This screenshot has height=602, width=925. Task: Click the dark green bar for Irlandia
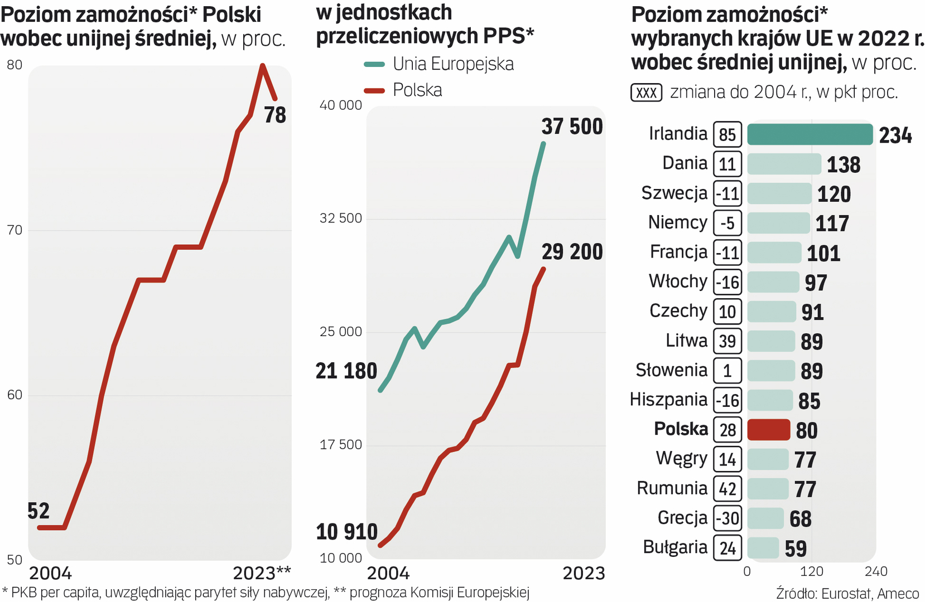point(809,134)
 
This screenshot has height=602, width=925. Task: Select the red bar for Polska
point(768,430)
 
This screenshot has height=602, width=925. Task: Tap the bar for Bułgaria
point(762,548)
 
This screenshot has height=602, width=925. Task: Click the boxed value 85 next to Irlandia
point(727,134)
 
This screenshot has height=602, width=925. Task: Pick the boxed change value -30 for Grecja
point(728,518)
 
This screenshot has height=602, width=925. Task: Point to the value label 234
point(895,135)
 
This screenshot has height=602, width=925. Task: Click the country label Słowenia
point(671,370)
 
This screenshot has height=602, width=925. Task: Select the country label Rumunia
point(672,488)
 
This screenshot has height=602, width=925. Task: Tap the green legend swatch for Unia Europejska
point(374,64)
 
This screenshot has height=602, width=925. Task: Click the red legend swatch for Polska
point(374,90)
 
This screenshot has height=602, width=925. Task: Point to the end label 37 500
point(572,127)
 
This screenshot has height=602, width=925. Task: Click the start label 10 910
point(346,532)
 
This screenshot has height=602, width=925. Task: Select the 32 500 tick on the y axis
point(340,219)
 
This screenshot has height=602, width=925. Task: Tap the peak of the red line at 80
point(262,66)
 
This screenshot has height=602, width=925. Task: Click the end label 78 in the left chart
point(274,115)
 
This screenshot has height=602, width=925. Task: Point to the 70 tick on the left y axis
point(15,230)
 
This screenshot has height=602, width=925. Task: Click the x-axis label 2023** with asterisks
point(262,573)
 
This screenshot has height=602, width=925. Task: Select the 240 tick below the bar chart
point(875,571)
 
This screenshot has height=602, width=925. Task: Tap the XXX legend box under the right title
point(646,93)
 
